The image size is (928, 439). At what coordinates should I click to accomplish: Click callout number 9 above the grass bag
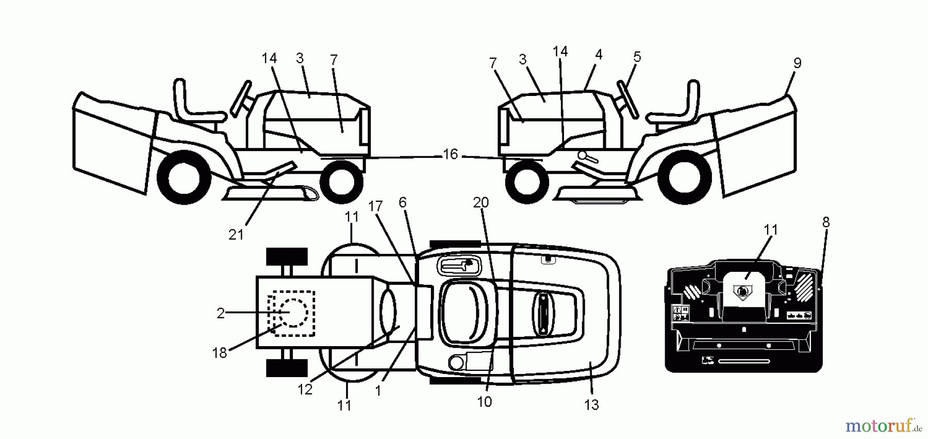(797, 63)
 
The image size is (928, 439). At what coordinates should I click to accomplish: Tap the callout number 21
(236, 235)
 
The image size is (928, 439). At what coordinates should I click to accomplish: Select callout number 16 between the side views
(450, 154)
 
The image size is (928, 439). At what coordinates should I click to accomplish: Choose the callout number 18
(220, 353)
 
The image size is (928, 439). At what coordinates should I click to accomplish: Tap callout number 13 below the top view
(591, 405)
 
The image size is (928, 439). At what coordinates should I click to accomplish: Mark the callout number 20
(480, 203)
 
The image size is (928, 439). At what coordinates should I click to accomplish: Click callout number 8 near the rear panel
(826, 222)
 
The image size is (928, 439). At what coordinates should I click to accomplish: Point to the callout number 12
(305, 389)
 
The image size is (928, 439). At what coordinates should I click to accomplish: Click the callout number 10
(484, 401)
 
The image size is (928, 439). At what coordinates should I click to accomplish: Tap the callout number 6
(403, 203)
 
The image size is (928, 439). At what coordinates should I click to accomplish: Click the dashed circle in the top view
(293, 312)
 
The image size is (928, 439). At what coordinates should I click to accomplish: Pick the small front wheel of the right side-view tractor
(527, 182)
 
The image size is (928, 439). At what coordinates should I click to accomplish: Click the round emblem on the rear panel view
(741, 292)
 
